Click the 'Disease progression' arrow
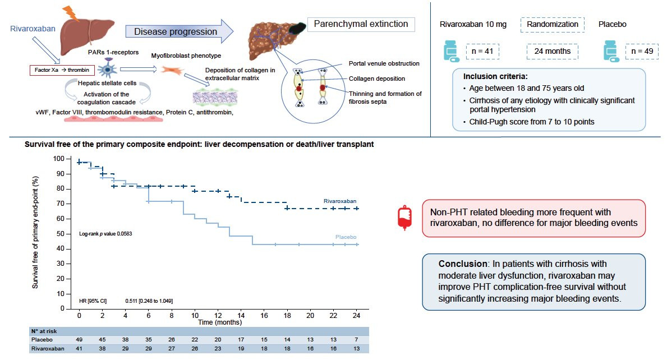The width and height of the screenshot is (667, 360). [179, 31]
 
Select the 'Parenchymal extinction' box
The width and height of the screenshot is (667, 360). [361, 24]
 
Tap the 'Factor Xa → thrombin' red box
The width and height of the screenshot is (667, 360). [62, 70]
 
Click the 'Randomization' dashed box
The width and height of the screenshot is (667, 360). [552, 25]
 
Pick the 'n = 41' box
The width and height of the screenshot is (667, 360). [482, 52]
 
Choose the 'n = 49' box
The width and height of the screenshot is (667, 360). [642, 52]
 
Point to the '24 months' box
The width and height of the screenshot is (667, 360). [552, 52]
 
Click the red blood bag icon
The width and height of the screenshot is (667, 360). [404, 218]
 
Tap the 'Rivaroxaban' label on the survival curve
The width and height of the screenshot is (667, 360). [340, 201]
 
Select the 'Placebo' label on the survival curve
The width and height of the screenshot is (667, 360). [346, 237]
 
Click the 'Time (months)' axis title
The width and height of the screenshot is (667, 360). [220, 322]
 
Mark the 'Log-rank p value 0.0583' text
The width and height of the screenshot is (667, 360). [105, 234]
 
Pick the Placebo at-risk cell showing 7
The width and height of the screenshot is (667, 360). [356, 340]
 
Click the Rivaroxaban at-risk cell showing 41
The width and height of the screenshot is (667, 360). [79, 349]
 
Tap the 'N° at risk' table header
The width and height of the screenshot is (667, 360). [44, 331]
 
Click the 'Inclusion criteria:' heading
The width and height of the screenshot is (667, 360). [495, 76]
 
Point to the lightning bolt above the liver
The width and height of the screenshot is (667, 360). [71, 13]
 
